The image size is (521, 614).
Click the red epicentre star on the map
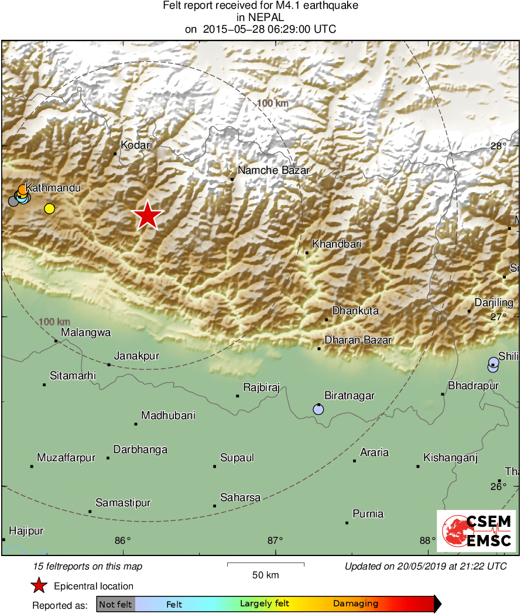[148, 216]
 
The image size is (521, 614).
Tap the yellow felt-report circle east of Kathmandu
[49, 208]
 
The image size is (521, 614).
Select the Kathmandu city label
[53, 188]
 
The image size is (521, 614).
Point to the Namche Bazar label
[273, 170]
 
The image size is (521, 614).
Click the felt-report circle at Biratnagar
[318, 409]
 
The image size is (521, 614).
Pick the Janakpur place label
[136, 355]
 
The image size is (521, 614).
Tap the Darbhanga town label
[140, 450]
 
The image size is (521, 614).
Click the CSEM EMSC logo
[476, 530]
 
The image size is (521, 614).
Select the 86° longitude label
[122, 540]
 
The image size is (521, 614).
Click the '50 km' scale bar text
[265, 575]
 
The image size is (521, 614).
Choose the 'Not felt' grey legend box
[116, 603]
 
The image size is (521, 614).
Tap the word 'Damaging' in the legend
[355, 603]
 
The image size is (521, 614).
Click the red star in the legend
[39, 585]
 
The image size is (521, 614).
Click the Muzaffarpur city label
[66, 458]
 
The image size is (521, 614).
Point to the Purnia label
[368, 514]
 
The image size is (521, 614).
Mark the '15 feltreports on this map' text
[88, 566]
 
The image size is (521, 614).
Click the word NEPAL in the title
[260, 18]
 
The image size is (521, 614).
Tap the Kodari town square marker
[115, 154]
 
